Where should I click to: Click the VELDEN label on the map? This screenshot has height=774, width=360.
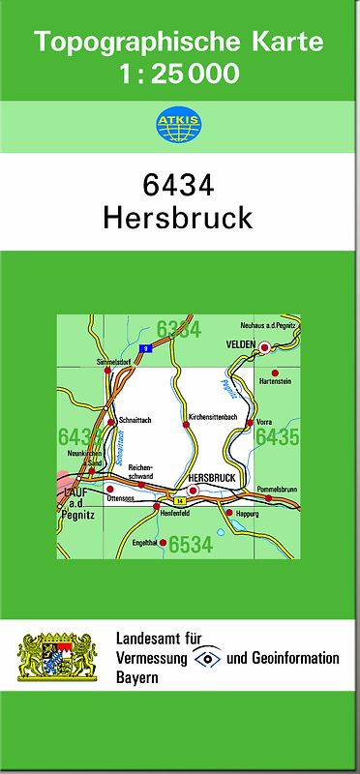coord(240,343)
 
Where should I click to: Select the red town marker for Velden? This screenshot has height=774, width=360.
coord(264,343)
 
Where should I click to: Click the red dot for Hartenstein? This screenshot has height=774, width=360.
coord(274,372)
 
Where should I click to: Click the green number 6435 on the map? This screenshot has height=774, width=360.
coord(278,437)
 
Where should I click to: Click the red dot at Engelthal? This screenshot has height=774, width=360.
coord(162,543)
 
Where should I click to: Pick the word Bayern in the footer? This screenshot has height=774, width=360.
coord(136,678)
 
